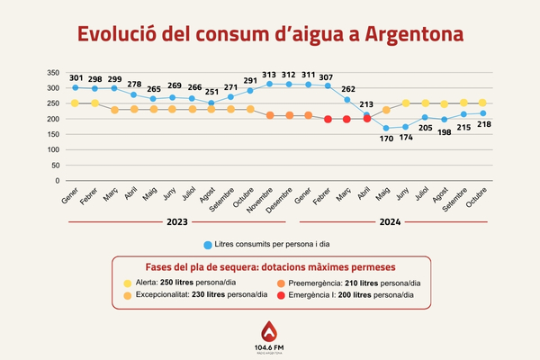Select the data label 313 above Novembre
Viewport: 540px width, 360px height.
tap(269, 75)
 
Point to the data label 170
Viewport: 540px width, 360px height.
tap(386, 139)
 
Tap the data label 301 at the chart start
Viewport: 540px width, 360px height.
tap(75, 77)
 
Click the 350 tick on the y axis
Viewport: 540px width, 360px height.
tap(53, 73)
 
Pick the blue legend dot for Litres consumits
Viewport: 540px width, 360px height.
tap(208, 245)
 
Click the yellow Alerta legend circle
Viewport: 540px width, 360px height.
tap(127, 283)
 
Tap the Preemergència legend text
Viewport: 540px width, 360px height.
tap(352, 283)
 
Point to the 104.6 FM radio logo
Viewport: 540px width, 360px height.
tap(270, 337)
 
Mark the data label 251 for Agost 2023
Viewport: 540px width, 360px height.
tap(211, 91)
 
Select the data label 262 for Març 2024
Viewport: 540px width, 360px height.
tap(347, 88)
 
